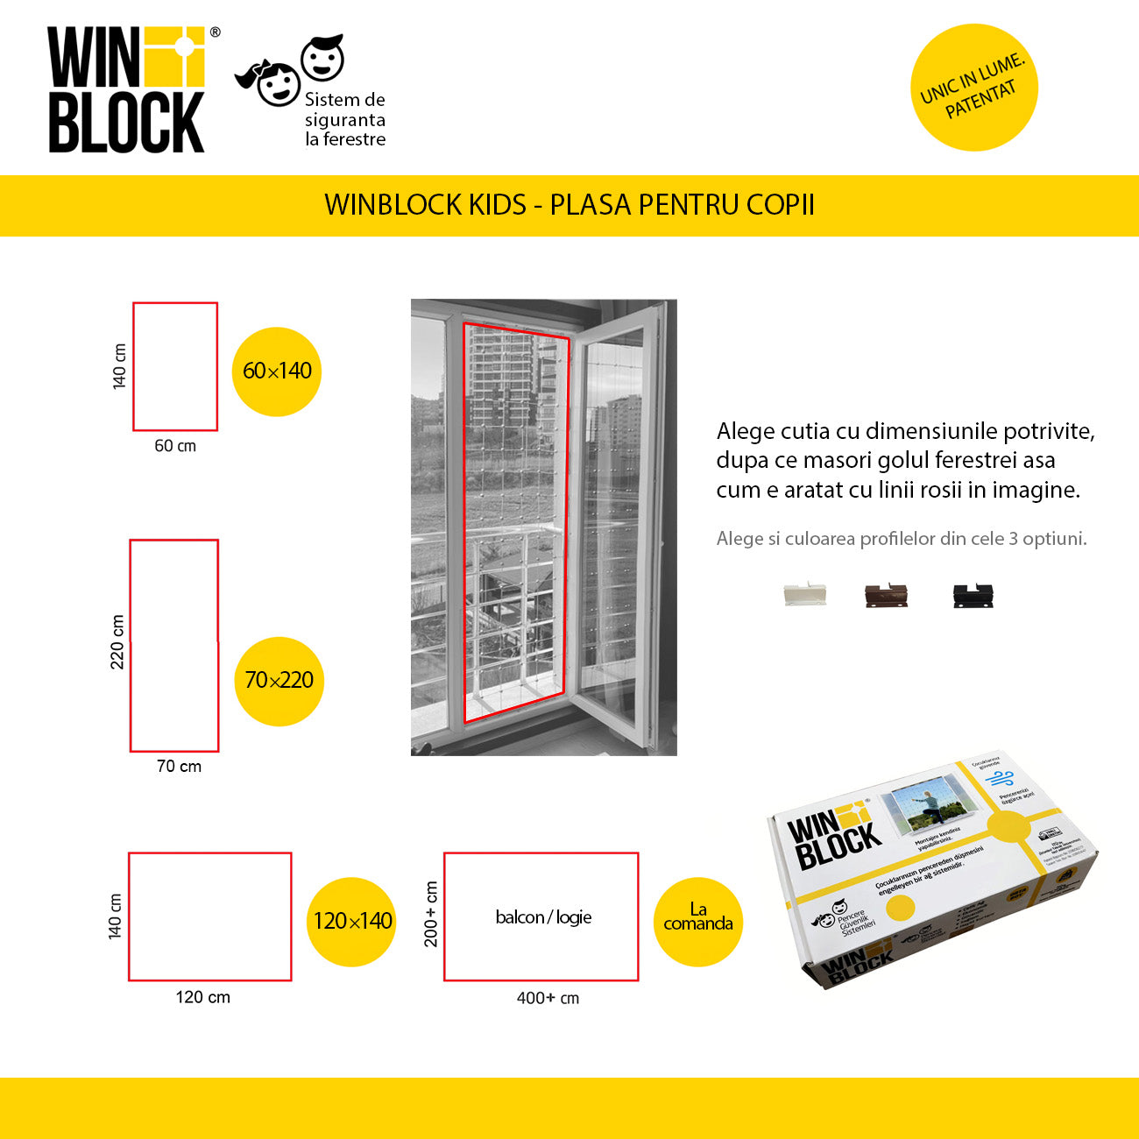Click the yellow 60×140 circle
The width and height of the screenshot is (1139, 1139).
click(277, 371)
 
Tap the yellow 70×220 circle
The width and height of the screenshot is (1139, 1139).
click(279, 681)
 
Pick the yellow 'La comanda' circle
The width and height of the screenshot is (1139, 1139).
click(698, 922)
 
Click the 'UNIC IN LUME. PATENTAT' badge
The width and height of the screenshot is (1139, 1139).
click(974, 88)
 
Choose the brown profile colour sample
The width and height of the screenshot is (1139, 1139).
click(887, 596)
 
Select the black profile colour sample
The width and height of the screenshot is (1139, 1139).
click(973, 596)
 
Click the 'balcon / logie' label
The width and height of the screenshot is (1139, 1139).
click(543, 917)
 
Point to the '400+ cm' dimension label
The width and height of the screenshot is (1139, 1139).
click(548, 998)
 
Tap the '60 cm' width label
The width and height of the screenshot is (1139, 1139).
click(175, 446)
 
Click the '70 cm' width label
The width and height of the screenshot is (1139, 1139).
click(179, 767)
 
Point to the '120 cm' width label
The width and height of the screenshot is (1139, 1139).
click(203, 997)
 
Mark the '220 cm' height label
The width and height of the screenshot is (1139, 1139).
click(117, 642)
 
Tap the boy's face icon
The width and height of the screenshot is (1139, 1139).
click(322, 58)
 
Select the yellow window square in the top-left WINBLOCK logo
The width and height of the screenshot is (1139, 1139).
click(173, 57)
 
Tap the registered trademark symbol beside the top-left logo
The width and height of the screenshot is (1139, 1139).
click(216, 32)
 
